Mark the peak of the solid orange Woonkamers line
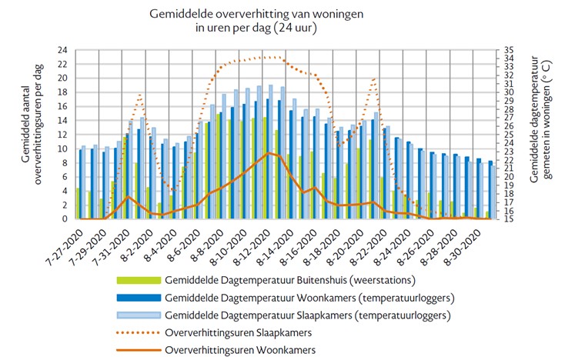[x=267, y=153]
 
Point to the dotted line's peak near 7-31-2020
[x=139, y=95]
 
